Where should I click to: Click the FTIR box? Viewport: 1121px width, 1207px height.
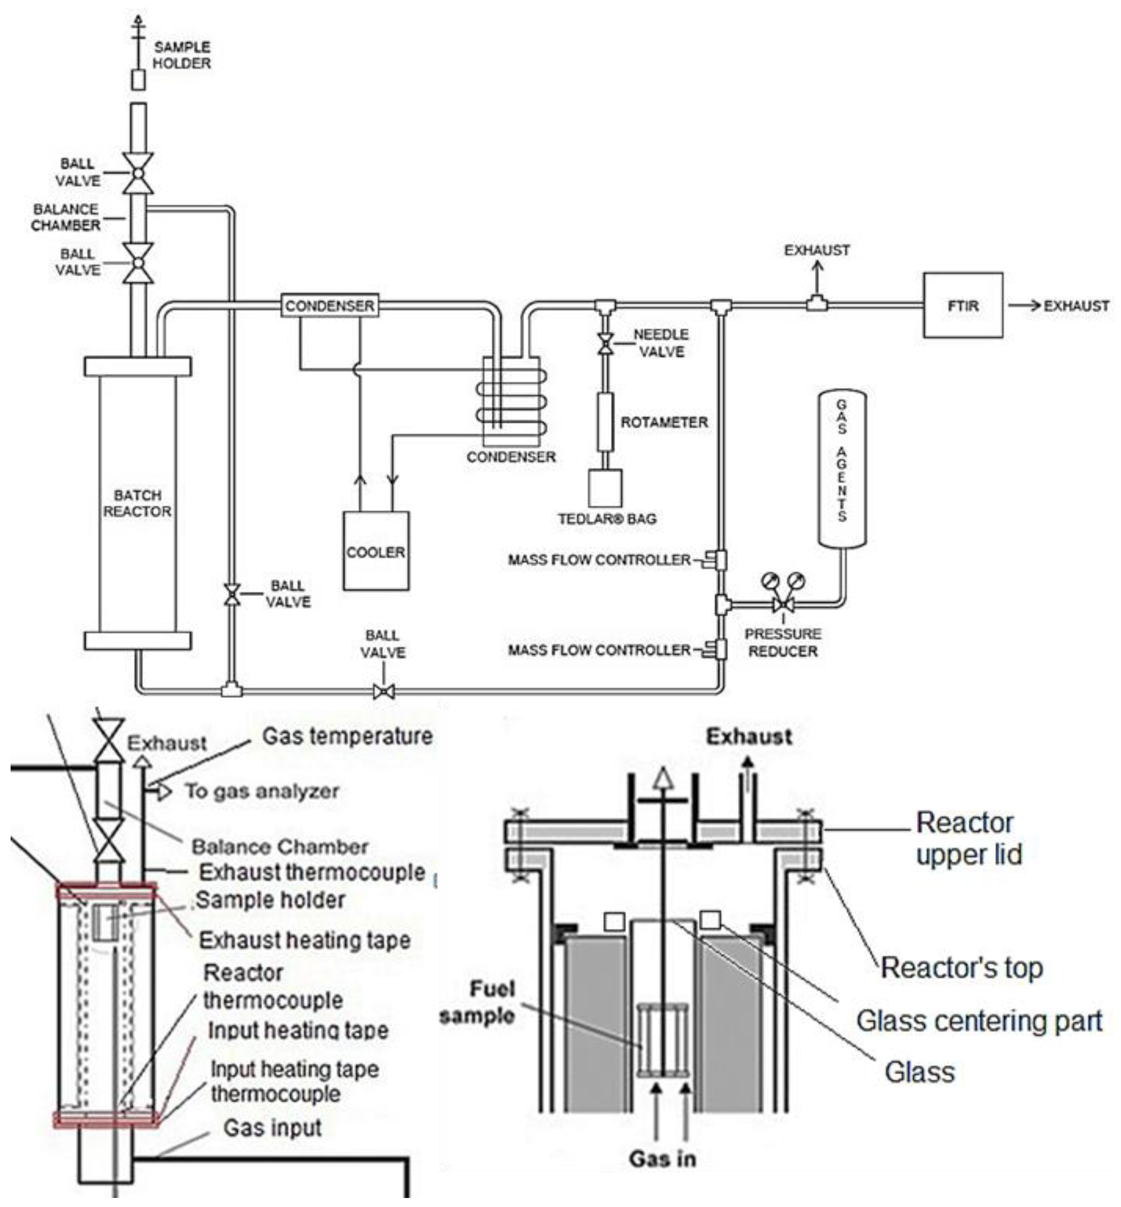(962, 306)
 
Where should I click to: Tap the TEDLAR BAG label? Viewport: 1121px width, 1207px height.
(607, 519)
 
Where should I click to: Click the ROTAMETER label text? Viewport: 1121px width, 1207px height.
(664, 422)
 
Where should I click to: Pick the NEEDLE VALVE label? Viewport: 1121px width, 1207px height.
(661, 343)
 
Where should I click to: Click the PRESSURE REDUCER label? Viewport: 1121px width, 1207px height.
(783, 643)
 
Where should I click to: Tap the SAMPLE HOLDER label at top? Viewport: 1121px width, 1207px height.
(182, 55)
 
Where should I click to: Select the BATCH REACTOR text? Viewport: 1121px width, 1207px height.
(137, 503)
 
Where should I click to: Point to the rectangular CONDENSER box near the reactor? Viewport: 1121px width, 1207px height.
(330, 306)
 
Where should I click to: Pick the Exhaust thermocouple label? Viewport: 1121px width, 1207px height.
(312, 872)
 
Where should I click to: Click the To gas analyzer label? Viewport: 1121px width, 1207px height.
(262, 791)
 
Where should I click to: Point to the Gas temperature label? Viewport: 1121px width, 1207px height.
(347, 736)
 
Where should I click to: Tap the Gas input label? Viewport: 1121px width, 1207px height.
(273, 1127)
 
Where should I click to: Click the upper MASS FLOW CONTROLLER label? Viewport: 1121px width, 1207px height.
(599, 560)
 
